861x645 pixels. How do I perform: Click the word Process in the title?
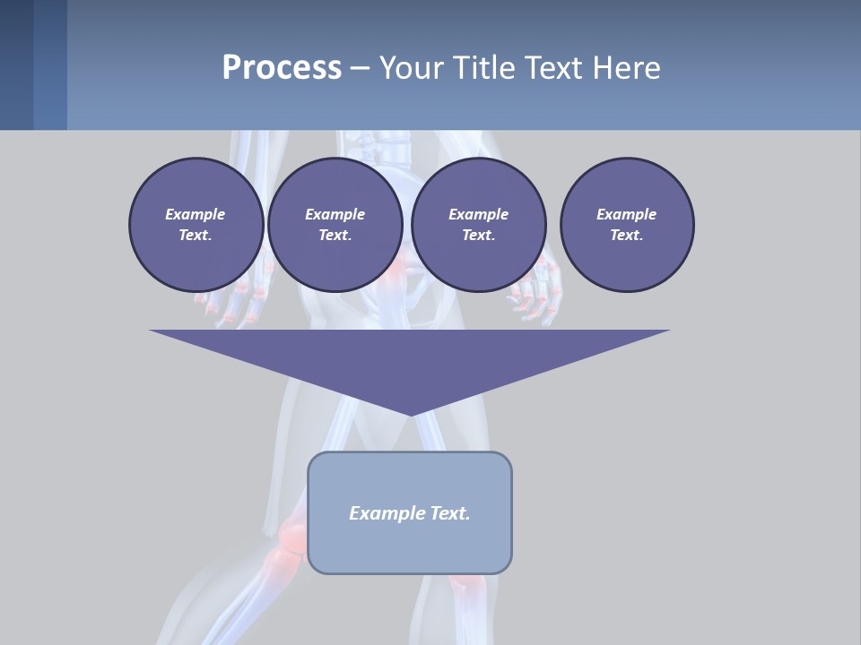[x=282, y=68]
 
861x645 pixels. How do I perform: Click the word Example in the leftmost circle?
[x=196, y=214]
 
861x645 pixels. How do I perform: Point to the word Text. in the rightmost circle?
[x=627, y=236]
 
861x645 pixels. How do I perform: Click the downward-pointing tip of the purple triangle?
[x=410, y=414]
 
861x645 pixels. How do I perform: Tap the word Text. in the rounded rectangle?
[x=449, y=513]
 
